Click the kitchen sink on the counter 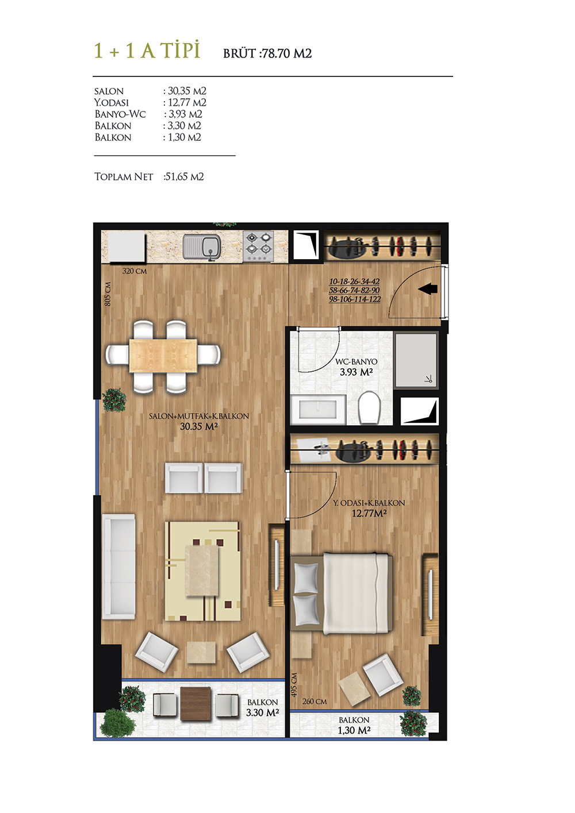[201, 248]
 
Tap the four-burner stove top [258, 246]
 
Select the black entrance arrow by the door [428, 289]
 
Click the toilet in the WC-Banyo [369, 407]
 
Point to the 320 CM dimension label [135, 271]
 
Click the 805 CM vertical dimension [108, 294]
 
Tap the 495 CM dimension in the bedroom [294, 684]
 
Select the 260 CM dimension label [315, 701]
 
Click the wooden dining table [163, 355]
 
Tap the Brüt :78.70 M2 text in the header [267, 53]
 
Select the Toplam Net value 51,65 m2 [184, 177]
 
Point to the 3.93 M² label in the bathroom [356, 372]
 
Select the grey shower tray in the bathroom [416, 360]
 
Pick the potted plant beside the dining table [114, 399]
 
